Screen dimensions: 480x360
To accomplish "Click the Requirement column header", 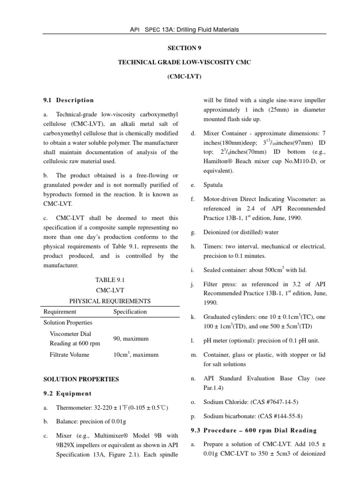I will click(x=60, y=311).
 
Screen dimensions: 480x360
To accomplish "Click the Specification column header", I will click(x=130, y=311).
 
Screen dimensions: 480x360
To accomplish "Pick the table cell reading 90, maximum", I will click(x=131, y=338).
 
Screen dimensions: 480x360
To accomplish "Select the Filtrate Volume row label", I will click(x=69, y=355).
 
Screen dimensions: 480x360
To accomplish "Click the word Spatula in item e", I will click(x=213, y=185).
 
